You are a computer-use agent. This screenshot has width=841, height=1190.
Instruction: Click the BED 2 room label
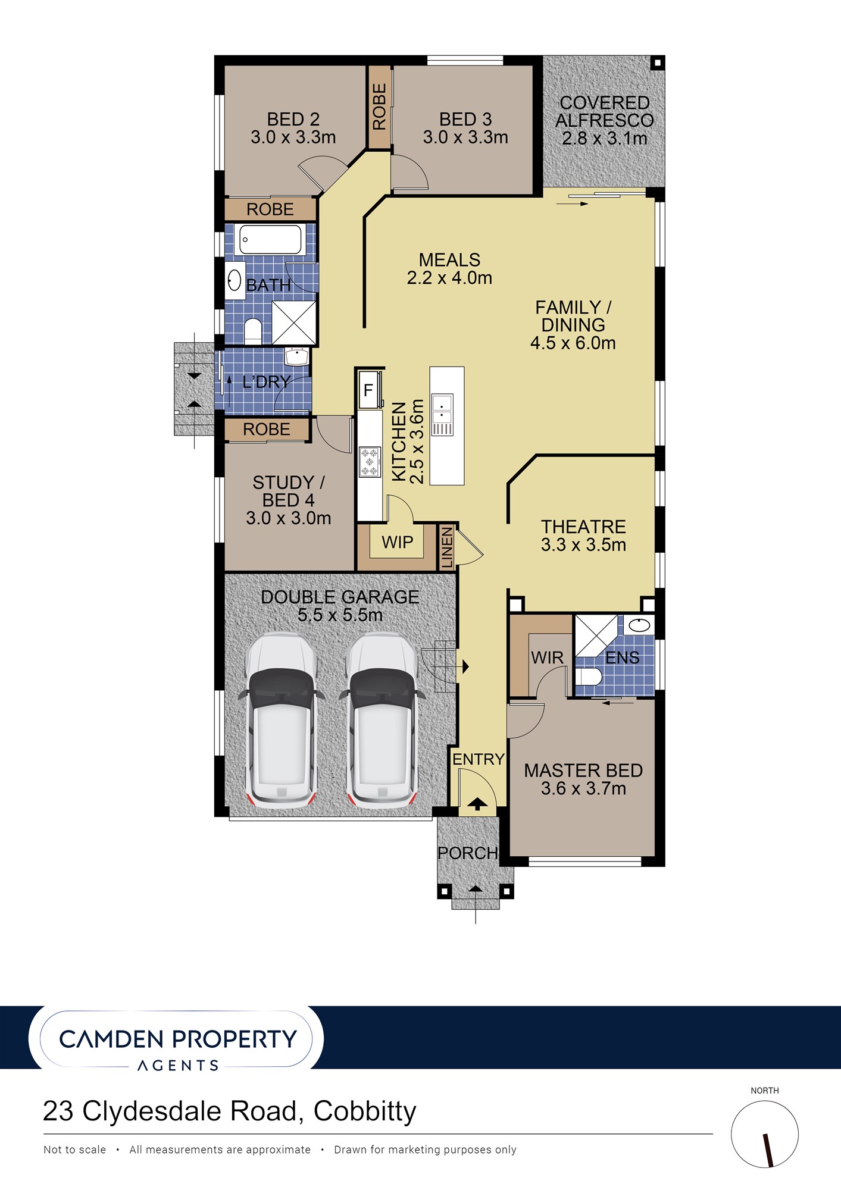point(293,119)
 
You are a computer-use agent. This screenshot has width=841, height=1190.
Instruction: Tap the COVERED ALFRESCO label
point(604,111)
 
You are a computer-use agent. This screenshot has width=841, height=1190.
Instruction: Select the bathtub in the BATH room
point(270,239)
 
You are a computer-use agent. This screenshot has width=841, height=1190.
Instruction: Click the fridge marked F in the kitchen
point(369,390)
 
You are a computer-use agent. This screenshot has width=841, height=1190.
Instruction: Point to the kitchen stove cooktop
point(370,462)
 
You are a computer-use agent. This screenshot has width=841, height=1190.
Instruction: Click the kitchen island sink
point(442,414)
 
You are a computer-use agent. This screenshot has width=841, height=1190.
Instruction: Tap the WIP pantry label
point(397,542)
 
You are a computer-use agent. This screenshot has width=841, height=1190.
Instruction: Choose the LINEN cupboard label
point(447,547)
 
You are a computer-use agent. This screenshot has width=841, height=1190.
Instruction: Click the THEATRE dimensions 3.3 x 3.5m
point(583,544)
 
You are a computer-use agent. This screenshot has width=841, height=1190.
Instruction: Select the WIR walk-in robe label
point(547,657)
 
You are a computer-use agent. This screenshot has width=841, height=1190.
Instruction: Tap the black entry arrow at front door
point(477,804)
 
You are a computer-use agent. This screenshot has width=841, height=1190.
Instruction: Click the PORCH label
point(468,853)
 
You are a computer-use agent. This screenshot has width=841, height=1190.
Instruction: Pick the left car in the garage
point(282,720)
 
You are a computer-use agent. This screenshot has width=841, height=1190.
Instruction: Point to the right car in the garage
point(382,720)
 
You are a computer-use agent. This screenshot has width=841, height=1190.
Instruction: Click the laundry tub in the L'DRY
point(296,356)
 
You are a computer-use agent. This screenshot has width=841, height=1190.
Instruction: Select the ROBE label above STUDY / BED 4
point(266,429)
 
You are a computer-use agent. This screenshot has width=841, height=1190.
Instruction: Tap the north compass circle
point(765,1134)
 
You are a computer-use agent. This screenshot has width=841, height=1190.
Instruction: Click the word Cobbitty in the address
point(365,1111)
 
